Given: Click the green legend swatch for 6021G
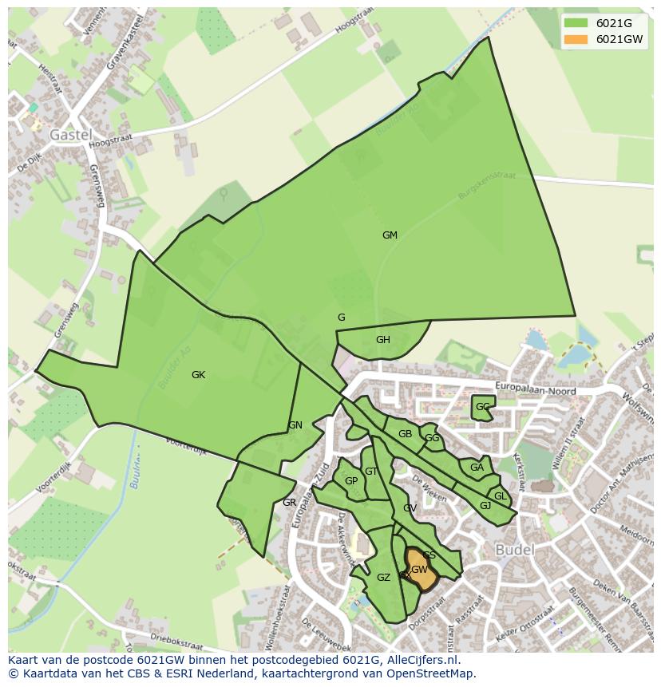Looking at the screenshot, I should coord(575,23).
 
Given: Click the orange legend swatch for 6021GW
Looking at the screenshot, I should coord(575,39).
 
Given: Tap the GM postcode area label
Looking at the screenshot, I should coord(390,235).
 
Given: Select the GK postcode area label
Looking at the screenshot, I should coord(198,375).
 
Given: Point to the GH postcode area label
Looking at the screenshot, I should coord(383,340).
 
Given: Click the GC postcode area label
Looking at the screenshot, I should coord(482,407).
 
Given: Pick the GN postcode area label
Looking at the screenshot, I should coord(295,425).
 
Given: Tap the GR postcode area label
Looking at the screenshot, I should coord(289,503).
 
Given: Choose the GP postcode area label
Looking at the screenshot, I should coord(351,481).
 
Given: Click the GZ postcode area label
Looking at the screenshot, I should coord(383,578).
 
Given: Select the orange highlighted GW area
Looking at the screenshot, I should coord(421,572).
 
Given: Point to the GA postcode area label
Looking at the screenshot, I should coord(477,468).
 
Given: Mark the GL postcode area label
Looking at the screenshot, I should coord(500,496).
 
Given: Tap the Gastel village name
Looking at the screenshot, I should coord(71,135).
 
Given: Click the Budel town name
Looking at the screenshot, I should coord(515,551).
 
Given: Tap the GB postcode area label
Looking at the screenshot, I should coord(405,434).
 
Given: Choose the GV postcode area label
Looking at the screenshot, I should coord(410,508).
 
